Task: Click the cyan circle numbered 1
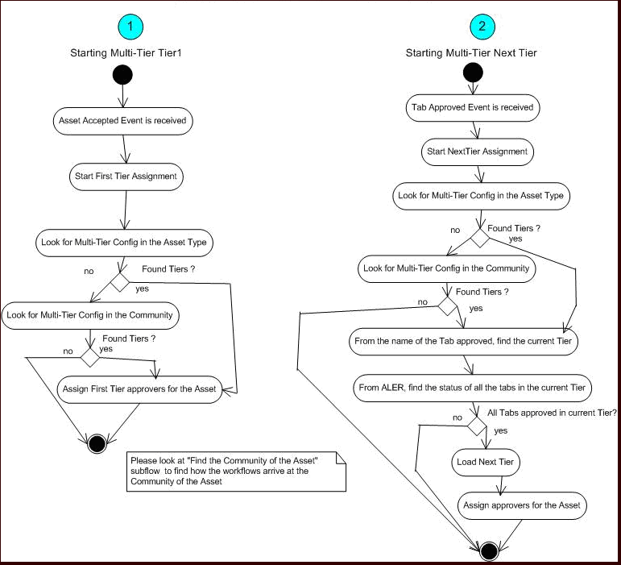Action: click(x=130, y=27)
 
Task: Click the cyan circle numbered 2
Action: click(x=482, y=27)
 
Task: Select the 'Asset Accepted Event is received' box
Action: click(x=122, y=121)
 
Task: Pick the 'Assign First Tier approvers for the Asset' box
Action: click(x=139, y=388)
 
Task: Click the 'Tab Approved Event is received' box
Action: click(x=471, y=106)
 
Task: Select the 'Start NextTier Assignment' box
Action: click(x=475, y=151)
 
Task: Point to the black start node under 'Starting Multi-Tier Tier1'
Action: click(x=122, y=77)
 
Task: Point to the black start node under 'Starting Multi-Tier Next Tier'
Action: click(x=473, y=73)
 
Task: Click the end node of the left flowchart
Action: click(x=97, y=442)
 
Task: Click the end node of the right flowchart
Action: click(x=486, y=551)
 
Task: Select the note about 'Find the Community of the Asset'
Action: click(x=236, y=470)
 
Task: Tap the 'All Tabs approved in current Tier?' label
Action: click(x=552, y=412)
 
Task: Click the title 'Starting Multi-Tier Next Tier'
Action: click(x=482, y=53)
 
